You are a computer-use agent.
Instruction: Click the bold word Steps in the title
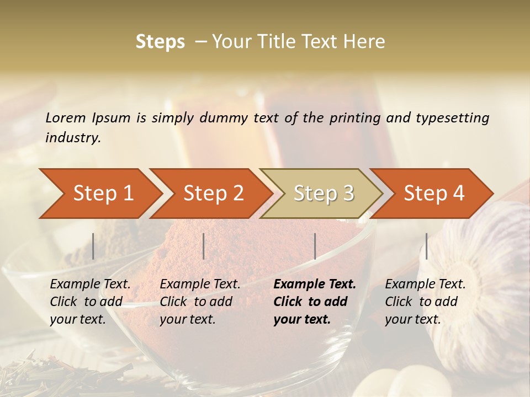click(x=160, y=42)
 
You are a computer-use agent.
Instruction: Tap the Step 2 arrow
click(x=213, y=193)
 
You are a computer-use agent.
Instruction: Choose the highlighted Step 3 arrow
click(x=324, y=193)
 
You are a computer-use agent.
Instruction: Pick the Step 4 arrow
click(x=434, y=193)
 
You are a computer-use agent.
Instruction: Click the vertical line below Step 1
click(x=93, y=246)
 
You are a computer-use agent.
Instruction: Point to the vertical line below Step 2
click(x=204, y=246)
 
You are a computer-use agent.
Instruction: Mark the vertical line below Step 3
click(x=315, y=246)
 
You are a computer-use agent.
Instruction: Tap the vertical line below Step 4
click(x=426, y=246)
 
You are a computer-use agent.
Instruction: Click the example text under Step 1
click(x=90, y=302)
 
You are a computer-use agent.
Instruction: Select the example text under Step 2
click(x=200, y=302)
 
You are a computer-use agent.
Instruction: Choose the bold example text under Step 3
click(x=315, y=302)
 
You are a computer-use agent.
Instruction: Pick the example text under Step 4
click(x=425, y=302)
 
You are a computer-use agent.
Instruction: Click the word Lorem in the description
click(x=66, y=117)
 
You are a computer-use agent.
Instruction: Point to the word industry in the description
click(x=73, y=137)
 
